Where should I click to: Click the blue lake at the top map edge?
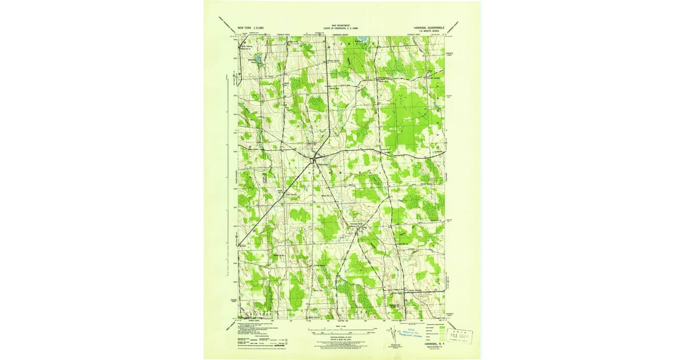coord(360,41)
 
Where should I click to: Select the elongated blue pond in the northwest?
coord(258,59)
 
